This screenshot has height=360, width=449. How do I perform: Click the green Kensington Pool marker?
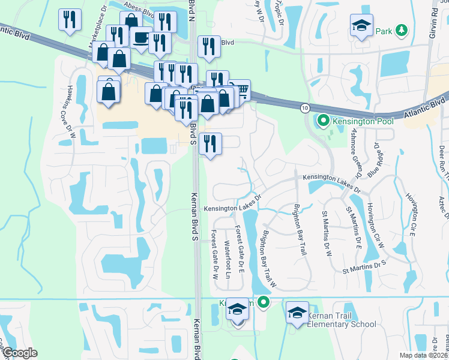pyautogui.click(x=323, y=121)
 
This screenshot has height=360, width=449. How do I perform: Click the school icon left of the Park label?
pyautogui.click(x=361, y=25)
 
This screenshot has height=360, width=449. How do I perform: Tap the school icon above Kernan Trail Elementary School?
pyautogui.click(x=297, y=313)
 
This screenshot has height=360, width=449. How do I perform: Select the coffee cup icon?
pyautogui.click(x=141, y=38)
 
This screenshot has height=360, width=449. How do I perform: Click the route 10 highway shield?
pyautogui.click(x=306, y=107)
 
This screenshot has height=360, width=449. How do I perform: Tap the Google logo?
pyautogui.click(x=20, y=353)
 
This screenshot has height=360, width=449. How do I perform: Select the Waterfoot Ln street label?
pyautogui.click(x=227, y=257)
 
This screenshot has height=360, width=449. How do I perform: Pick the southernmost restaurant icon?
pyautogui.click(x=211, y=144)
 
